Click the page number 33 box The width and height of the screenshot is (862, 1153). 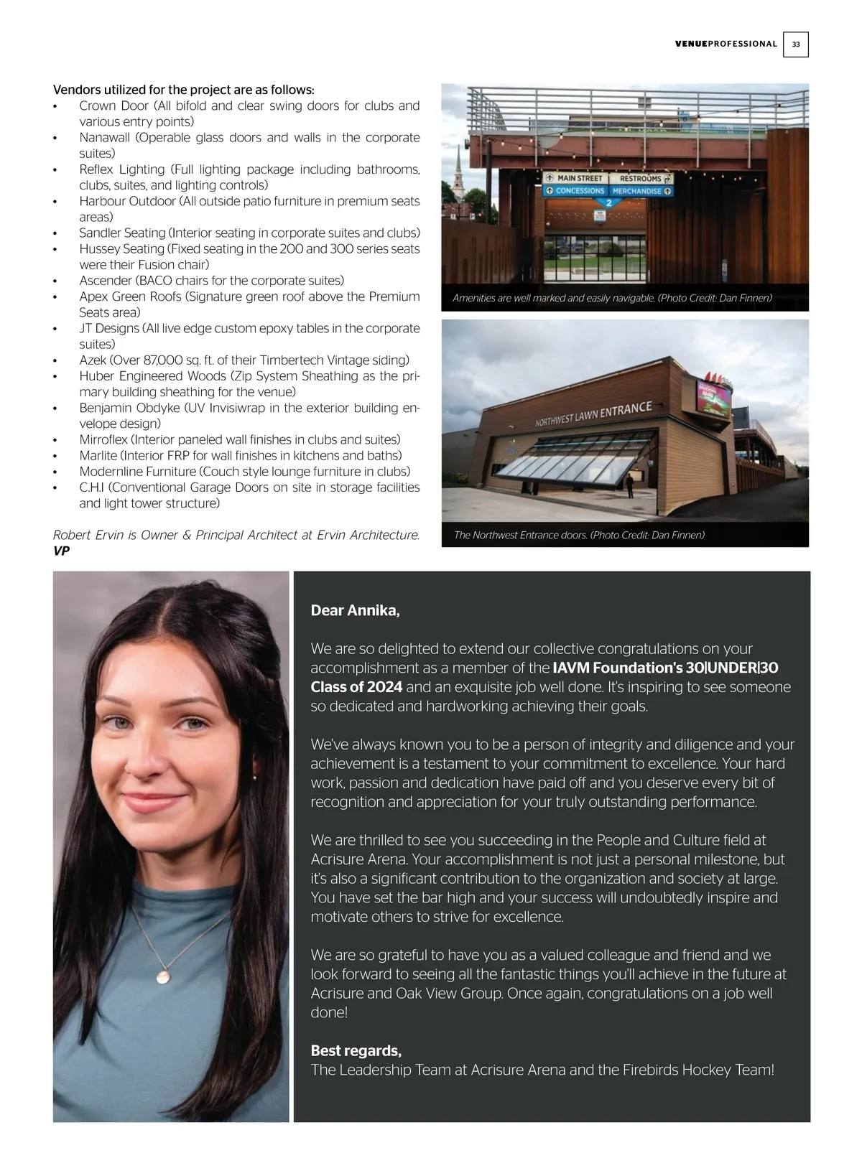pyautogui.click(x=796, y=45)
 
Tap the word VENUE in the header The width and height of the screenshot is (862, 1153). pyautogui.click(x=691, y=45)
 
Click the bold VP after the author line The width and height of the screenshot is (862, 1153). pyautogui.click(x=61, y=551)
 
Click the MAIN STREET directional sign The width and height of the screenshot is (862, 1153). pyautogui.click(x=575, y=178)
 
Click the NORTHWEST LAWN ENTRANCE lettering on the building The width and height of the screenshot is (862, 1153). pyautogui.click(x=593, y=415)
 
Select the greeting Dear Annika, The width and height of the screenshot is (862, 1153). pyautogui.click(x=355, y=611)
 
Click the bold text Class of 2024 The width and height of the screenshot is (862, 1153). pyautogui.click(x=356, y=687)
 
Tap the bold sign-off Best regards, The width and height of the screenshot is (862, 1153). pyautogui.click(x=356, y=1051)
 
